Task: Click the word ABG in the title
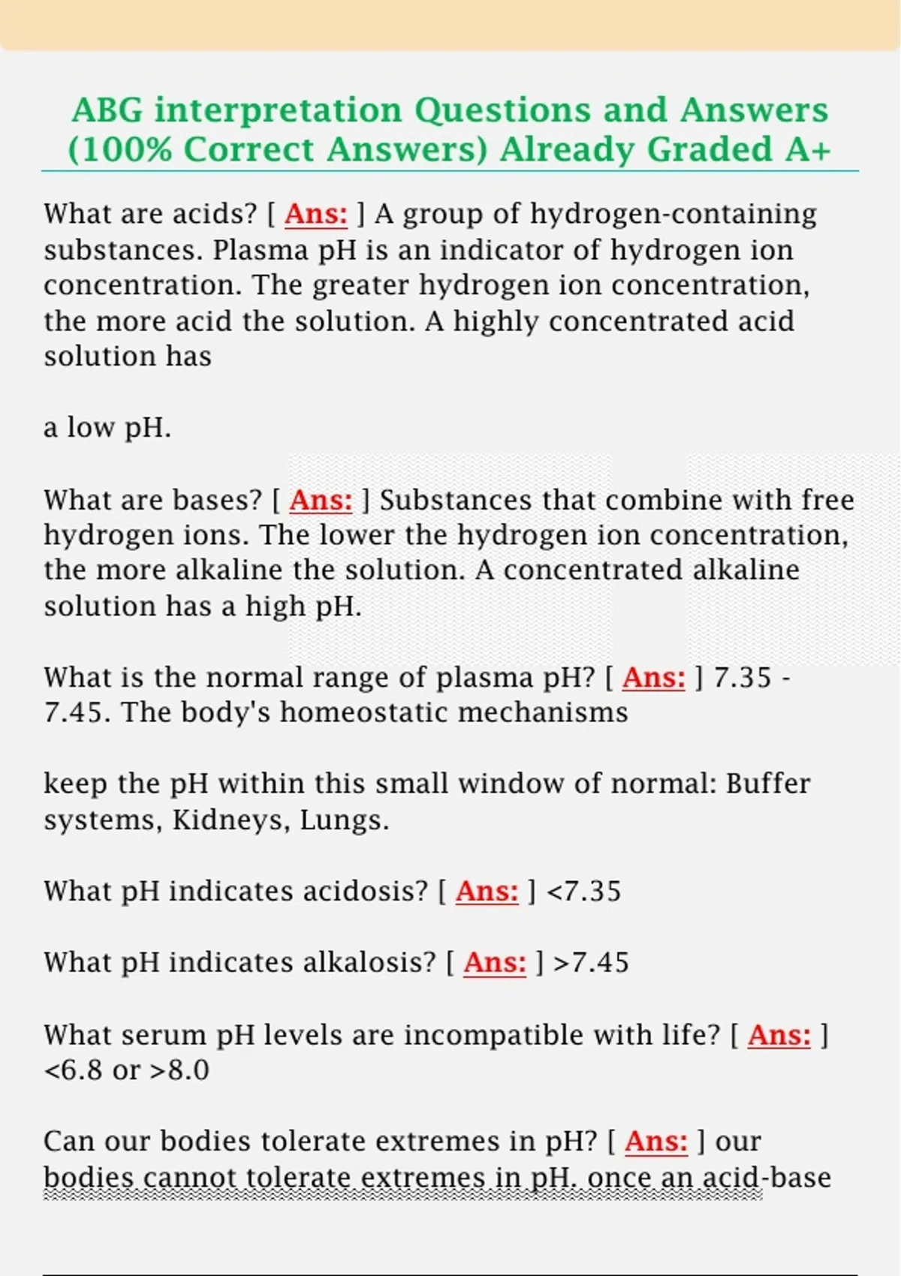107,110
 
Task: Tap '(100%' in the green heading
119,149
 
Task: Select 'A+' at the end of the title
808,149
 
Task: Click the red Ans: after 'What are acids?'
316,214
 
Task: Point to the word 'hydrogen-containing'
673,214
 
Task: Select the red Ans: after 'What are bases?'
321,500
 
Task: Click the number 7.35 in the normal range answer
742,677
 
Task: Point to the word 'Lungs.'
345,820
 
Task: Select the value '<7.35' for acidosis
583,892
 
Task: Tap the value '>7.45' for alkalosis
591,962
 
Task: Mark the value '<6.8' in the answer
73,1070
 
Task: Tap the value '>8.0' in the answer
179,1070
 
